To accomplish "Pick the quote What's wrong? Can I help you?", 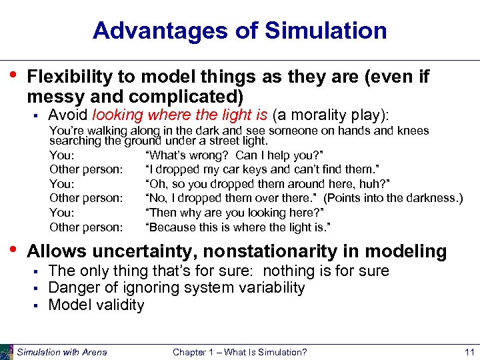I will (211, 155).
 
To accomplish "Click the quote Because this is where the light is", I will (238, 227).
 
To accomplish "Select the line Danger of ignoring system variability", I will (177, 288).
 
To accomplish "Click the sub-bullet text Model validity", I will (96, 305).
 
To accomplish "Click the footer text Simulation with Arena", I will (62, 352).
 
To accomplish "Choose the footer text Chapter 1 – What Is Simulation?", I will (240, 352).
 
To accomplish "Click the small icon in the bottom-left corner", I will (7, 351).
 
